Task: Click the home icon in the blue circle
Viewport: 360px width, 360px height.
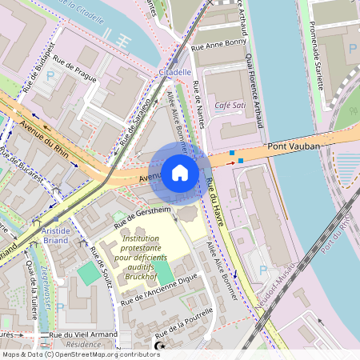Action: click(180, 172)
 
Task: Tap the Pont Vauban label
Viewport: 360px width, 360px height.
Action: click(294, 146)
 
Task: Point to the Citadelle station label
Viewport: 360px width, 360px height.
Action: click(175, 72)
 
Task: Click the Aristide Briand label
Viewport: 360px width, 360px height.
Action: click(50, 235)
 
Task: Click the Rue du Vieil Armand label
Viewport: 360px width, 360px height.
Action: click(82, 334)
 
